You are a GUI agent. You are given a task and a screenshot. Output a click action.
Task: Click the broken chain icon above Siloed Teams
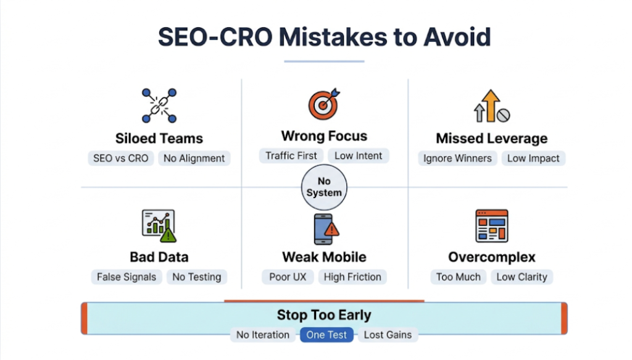pos(159,106)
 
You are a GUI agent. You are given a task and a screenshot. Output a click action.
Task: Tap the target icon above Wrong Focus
pos(323,103)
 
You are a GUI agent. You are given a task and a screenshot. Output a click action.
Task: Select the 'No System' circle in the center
pos(324,186)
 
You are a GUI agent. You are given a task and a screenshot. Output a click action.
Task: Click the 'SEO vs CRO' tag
pos(121,158)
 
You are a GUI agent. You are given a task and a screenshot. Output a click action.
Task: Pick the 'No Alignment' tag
pos(194,158)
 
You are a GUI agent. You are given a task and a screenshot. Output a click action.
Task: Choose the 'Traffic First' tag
pos(291,156)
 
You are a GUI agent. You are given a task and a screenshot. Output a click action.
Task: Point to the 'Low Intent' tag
pos(359,156)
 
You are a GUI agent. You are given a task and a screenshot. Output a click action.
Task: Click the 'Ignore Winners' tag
pos(457,158)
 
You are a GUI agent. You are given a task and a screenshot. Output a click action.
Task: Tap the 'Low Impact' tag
pos(533,158)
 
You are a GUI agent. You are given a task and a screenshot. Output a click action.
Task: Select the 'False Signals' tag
pos(127,277)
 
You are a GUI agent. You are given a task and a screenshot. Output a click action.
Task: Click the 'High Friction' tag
pos(352,277)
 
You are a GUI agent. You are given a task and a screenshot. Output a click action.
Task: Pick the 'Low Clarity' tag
pos(522,277)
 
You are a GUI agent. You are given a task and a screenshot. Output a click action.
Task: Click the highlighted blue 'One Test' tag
pos(327,335)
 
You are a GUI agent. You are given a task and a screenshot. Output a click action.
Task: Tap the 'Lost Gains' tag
pos(388,335)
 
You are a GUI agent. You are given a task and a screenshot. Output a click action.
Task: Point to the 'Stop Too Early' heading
pos(324,315)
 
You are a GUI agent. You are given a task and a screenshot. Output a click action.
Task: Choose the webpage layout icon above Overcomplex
pos(492,225)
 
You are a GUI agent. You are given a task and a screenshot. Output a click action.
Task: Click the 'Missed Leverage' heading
pos(492,138)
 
